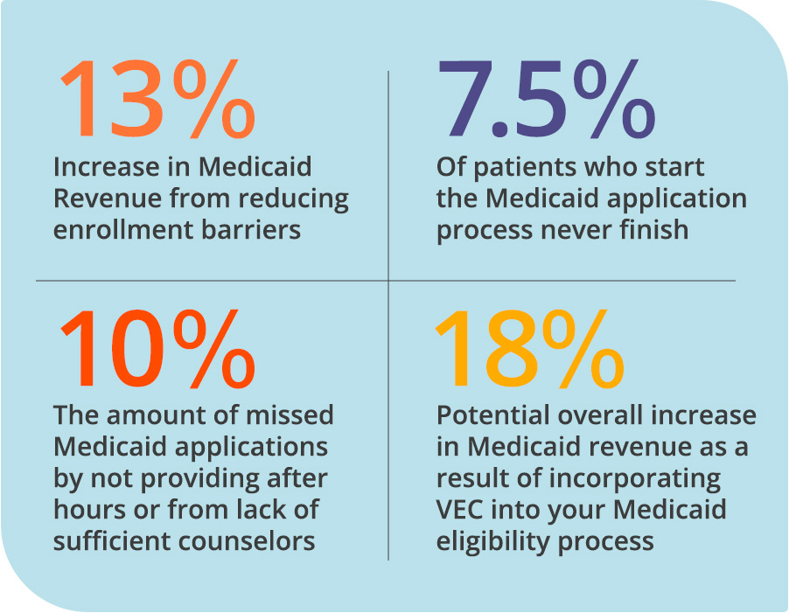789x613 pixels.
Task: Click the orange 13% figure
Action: tap(157, 101)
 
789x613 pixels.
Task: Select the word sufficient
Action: tap(109, 540)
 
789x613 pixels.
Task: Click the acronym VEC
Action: tap(463, 509)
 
